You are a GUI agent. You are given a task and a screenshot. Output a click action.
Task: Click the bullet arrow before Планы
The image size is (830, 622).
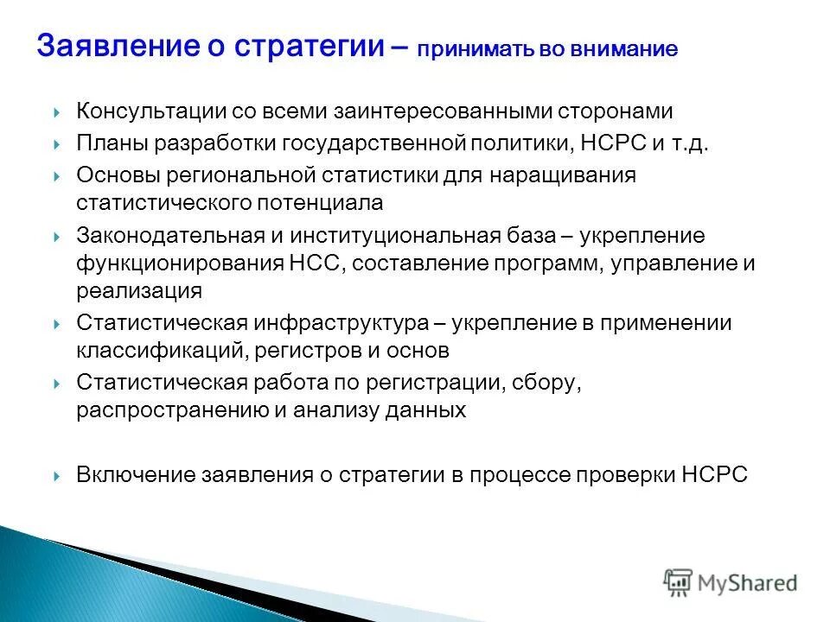[x=56, y=143]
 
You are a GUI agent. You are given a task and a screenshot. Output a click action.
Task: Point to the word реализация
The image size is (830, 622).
[x=138, y=292]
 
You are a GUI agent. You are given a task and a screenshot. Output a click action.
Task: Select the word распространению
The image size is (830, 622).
[x=172, y=411]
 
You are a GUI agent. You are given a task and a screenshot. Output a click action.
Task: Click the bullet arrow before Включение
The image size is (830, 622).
[x=56, y=476]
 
